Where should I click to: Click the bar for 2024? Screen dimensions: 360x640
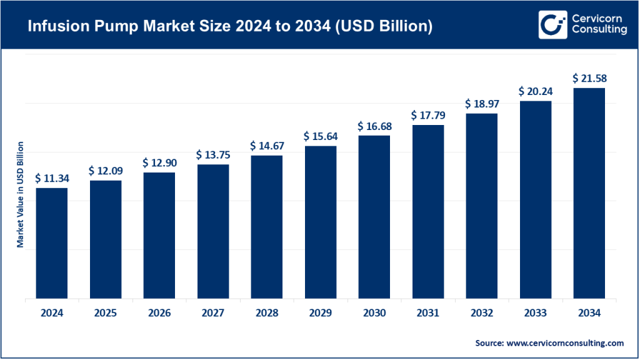coord(52,243)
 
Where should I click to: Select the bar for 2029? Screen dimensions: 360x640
coord(321,222)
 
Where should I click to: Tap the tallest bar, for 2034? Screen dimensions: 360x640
coord(589,193)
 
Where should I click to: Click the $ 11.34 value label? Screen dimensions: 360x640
coord(52,178)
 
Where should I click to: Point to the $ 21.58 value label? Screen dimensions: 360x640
coord(589,78)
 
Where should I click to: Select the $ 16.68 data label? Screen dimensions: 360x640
coord(374,126)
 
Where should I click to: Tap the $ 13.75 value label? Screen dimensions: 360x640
coord(213,155)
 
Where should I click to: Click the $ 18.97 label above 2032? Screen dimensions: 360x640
coord(482,104)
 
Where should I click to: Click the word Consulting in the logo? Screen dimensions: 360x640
coord(599,31)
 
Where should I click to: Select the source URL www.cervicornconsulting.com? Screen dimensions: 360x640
coord(564,343)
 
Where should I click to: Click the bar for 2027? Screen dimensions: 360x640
coord(213,231)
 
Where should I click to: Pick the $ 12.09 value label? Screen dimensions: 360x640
coord(106,170)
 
